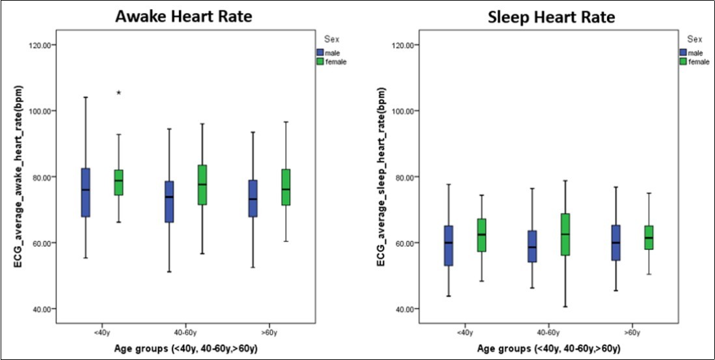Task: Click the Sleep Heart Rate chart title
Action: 551,18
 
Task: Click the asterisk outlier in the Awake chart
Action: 119,93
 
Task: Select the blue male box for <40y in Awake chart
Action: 85,192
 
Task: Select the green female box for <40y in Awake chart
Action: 118,182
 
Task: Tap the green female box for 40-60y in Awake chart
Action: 202,185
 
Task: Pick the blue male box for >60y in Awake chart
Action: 252,199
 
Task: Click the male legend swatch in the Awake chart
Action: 320,52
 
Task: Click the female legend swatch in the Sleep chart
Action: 683,61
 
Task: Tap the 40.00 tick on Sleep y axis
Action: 405,309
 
